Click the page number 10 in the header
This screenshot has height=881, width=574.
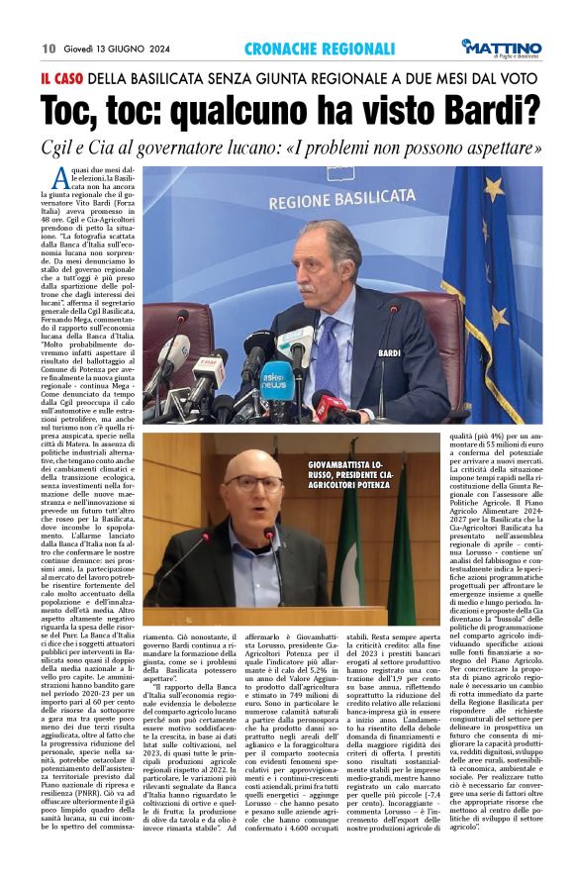48,49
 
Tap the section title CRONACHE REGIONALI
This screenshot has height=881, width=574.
307,49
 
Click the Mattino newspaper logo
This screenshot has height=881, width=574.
503,49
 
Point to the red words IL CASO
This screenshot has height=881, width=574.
61,78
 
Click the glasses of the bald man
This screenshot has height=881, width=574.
252,482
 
